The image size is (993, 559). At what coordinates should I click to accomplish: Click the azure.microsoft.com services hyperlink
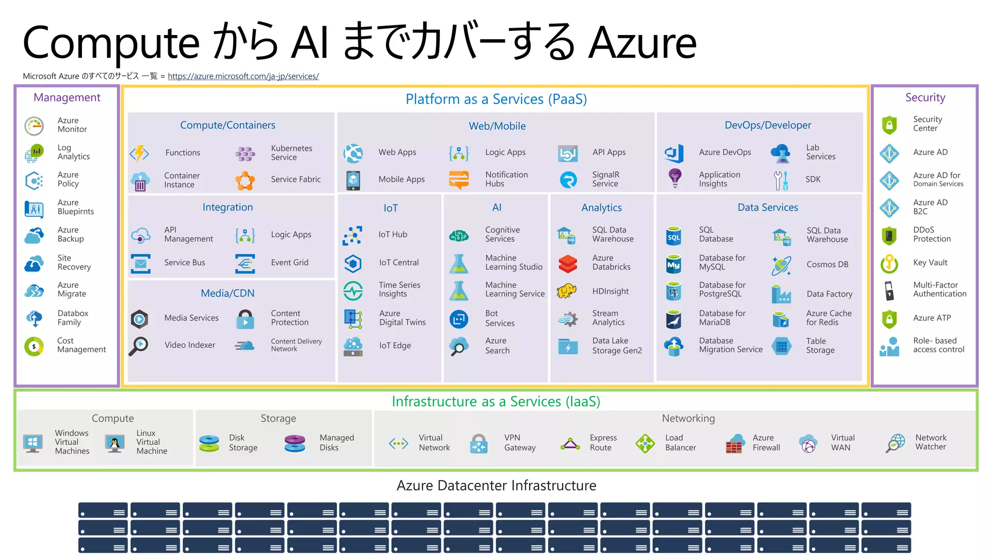(x=243, y=76)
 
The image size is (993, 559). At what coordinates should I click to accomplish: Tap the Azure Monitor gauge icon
(x=34, y=126)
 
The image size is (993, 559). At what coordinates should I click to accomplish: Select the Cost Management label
(x=81, y=345)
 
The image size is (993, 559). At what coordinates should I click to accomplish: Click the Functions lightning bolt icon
(x=140, y=153)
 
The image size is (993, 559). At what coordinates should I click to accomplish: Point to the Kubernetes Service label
(x=291, y=153)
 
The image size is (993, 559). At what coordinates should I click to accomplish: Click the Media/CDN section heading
(x=227, y=293)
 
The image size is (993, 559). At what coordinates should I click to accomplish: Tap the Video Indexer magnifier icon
(x=139, y=346)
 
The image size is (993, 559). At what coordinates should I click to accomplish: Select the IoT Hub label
(x=393, y=234)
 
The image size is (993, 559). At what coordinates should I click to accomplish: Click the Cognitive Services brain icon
(x=459, y=236)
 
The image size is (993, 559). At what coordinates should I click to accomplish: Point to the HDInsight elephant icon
(x=567, y=291)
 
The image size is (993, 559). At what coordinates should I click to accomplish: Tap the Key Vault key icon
(x=889, y=263)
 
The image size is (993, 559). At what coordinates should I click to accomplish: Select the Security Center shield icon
(x=889, y=125)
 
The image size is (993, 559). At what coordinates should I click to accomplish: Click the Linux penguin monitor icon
(x=115, y=443)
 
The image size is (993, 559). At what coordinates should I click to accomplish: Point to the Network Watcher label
(x=930, y=442)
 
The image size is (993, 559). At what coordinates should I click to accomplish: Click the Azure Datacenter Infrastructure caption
(x=496, y=485)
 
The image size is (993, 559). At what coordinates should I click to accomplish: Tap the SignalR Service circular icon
(x=568, y=180)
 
